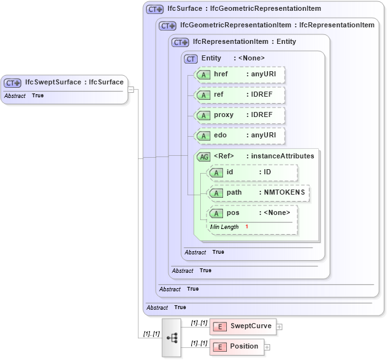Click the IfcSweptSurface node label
tap(74, 82)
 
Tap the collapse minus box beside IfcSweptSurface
tap(130, 89)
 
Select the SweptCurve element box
tap(243, 326)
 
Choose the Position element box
tap(237, 347)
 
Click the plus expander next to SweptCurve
tap(280, 327)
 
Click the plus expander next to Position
tap(267, 347)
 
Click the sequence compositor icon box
tap(172, 338)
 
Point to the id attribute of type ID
tap(252, 172)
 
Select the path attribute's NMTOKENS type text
tap(282, 193)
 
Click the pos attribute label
tap(233, 213)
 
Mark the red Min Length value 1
tap(247, 227)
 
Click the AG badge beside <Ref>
tap(204, 156)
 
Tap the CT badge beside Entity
tap(191, 59)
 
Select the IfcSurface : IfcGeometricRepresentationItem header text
tap(244, 9)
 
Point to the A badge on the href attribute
tap(203, 74)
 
